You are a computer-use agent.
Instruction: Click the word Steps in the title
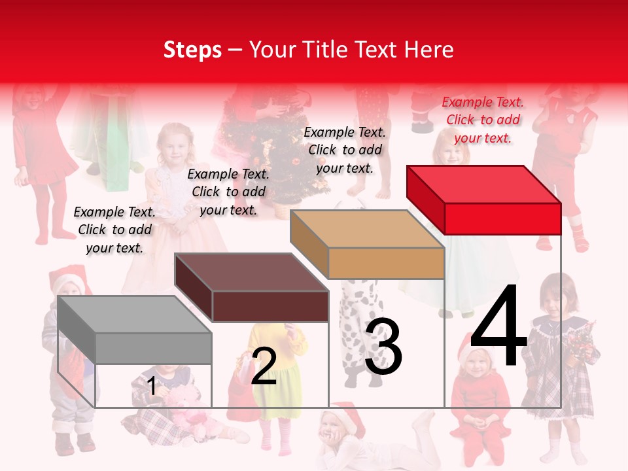(x=192, y=50)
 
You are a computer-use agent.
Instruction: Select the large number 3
(x=383, y=347)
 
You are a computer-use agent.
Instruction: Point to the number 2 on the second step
(x=264, y=366)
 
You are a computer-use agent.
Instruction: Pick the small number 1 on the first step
(x=152, y=386)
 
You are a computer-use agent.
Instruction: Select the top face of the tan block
(x=367, y=229)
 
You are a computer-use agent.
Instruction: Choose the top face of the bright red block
(x=483, y=184)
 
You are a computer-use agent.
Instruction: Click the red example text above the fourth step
(x=483, y=120)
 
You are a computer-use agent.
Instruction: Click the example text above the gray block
(x=114, y=230)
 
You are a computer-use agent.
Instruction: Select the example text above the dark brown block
(x=228, y=192)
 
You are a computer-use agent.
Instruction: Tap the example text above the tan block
(x=345, y=150)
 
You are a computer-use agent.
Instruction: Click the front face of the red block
(x=502, y=218)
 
